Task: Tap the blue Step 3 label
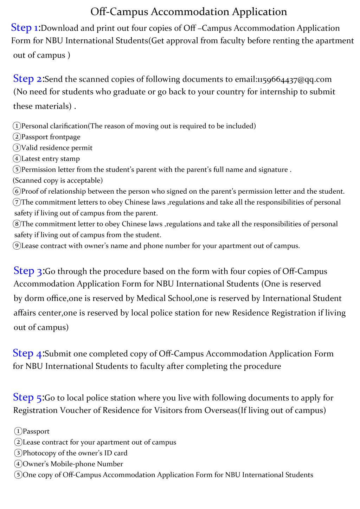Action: pos(28,271)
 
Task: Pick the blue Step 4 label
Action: pos(27,353)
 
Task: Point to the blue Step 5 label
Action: pos(28,397)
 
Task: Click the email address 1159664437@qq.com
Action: pos(295,79)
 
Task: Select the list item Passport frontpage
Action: pos(51,137)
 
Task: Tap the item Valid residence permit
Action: pos(57,148)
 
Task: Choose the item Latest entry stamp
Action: pos(50,159)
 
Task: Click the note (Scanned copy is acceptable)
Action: pos(58,180)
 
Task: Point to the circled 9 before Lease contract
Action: pos(17,246)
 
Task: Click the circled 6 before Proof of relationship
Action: pos(17,192)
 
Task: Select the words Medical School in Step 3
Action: pos(165,298)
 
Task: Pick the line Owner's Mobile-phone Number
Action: pos(72,464)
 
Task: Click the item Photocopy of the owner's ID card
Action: pos(75,453)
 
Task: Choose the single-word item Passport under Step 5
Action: pos(36,431)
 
